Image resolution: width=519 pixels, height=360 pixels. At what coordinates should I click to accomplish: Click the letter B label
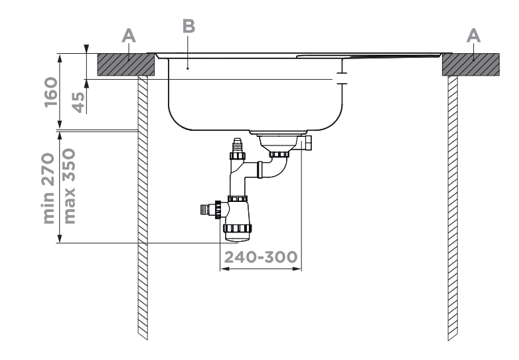coord(188,27)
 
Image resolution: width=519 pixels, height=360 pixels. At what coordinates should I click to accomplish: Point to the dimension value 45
coord(78,100)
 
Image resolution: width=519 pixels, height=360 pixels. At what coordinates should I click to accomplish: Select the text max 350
coord(72,186)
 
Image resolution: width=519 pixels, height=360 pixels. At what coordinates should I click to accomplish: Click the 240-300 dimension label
coord(260,256)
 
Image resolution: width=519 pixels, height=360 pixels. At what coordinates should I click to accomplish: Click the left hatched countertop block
coord(126,64)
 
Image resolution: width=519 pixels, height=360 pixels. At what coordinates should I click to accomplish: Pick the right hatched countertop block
coord(470,64)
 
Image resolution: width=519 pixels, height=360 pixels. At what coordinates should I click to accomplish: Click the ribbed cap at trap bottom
coord(238,232)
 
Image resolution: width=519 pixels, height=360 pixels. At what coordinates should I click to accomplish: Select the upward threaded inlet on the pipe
coord(235,146)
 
